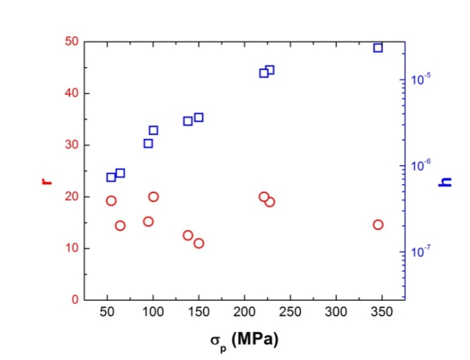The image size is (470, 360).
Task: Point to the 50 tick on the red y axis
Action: pos(72,41)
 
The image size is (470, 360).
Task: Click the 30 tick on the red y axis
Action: pos(72,145)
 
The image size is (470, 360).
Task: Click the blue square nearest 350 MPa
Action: pos(378,48)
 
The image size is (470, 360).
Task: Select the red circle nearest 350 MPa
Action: pos(378,225)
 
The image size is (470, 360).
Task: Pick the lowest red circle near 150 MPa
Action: pos(198,243)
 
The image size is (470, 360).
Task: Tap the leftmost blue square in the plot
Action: pos(111,177)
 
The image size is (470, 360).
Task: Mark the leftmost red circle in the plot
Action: pos(111,200)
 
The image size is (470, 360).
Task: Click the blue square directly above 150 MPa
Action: pos(198,118)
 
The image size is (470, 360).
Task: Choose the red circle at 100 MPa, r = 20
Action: pos(153,197)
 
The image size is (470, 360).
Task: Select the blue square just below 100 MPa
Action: pos(148,143)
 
